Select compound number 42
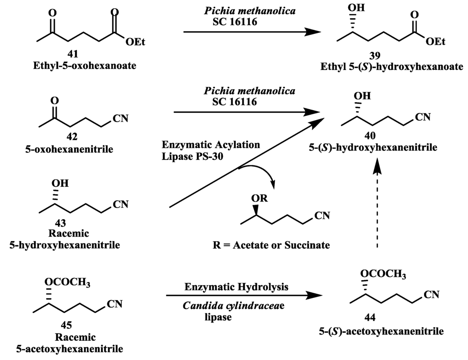click(72, 136)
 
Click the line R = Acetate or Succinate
click(271, 245)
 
